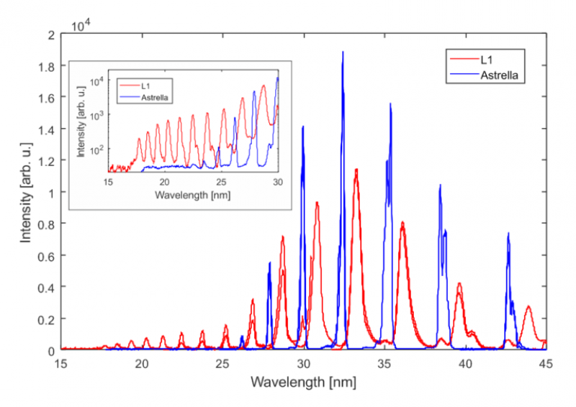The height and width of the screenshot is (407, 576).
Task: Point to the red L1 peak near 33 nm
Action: (356, 171)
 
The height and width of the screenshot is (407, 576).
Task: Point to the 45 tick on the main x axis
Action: (546, 364)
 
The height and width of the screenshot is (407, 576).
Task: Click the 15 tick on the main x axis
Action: (61, 364)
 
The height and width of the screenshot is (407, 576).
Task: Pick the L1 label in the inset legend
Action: (148, 85)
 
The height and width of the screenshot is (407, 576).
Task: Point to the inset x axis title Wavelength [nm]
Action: (192, 197)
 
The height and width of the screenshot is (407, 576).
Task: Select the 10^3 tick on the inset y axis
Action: (97, 115)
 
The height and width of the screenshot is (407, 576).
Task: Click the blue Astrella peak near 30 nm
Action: (302, 127)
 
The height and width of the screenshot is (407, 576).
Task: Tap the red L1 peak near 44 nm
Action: (528, 307)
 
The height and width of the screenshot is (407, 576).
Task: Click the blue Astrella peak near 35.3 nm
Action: (391, 104)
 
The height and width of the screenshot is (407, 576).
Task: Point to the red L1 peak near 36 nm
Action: (402, 223)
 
